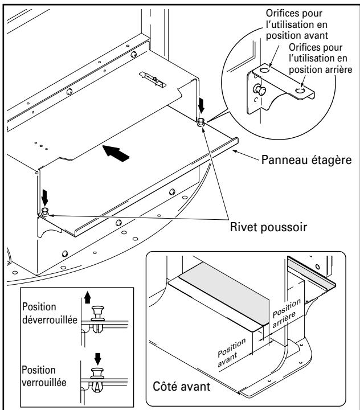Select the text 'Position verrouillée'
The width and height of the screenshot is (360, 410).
click(42, 367)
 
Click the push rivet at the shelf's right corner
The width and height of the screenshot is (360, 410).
click(202, 122)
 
